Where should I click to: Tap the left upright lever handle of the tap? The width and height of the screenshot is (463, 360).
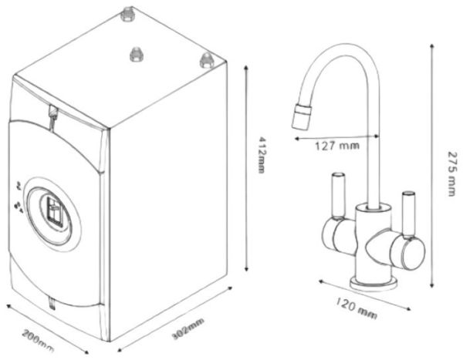[336, 196]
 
